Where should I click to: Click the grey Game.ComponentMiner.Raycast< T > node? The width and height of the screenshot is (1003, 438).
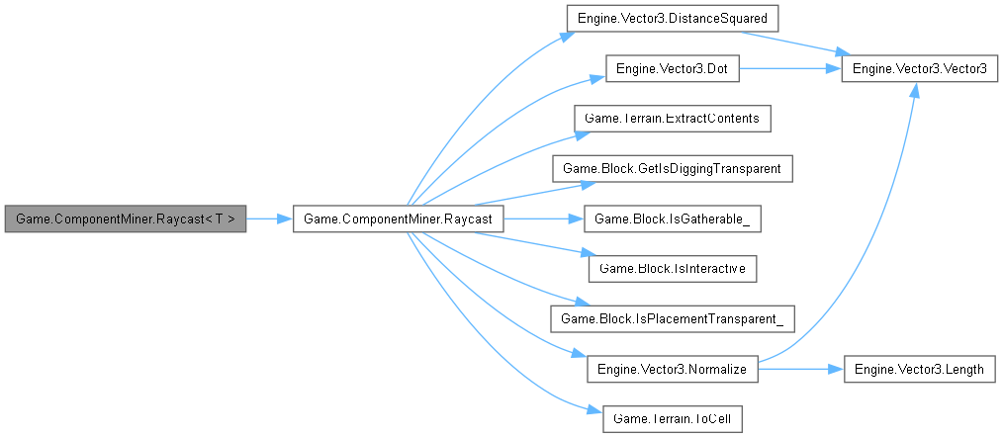click(x=125, y=219)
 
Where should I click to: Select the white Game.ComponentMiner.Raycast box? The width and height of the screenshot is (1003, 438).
click(x=399, y=219)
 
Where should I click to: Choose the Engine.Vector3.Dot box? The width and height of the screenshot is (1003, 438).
click(x=672, y=68)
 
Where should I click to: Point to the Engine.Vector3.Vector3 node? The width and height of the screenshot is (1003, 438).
click(x=919, y=68)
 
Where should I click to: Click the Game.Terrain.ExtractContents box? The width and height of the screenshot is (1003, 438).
click(x=672, y=119)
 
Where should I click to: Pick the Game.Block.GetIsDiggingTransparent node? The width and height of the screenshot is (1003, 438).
click(x=672, y=169)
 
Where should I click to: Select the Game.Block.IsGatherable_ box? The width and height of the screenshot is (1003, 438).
click(x=672, y=219)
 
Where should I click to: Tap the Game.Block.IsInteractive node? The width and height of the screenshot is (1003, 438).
click(x=672, y=268)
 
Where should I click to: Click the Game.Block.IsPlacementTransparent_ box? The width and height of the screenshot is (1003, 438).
click(x=672, y=318)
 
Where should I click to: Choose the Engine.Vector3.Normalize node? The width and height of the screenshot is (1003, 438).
click(x=672, y=369)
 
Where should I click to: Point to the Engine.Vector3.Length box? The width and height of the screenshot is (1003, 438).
click(x=919, y=369)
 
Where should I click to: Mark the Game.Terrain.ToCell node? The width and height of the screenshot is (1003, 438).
click(x=672, y=418)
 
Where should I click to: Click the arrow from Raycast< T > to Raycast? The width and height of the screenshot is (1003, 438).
click(x=268, y=219)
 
